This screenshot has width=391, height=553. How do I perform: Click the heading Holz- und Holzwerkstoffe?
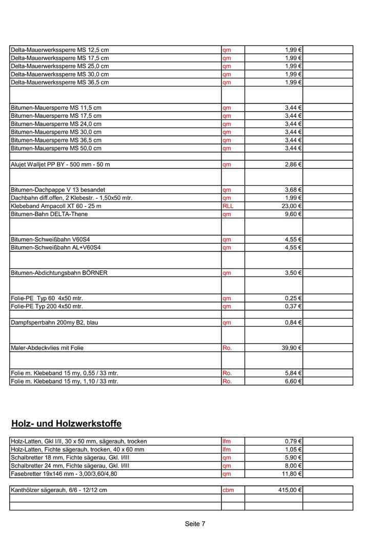pyautogui.click(x=66, y=424)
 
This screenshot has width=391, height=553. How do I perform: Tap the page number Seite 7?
pyautogui.click(x=195, y=524)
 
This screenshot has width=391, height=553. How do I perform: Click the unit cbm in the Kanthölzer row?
pyautogui.click(x=228, y=490)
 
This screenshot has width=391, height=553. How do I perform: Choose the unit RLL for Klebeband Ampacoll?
pyautogui.click(x=228, y=206)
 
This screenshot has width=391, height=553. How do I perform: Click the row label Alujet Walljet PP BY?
pyautogui.click(x=60, y=164)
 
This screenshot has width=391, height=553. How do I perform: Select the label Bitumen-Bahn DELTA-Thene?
pyautogui.click(x=49, y=214)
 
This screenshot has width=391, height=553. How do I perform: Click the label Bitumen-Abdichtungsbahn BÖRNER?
pyautogui.click(x=59, y=273)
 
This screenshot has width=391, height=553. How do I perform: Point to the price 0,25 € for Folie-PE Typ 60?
pyautogui.click(x=293, y=298)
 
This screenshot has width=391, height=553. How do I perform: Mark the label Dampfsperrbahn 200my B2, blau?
pyautogui.click(x=54, y=323)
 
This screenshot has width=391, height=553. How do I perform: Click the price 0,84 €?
pyautogui.click(x=293, y=323)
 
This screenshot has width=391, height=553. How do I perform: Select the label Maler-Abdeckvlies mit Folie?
pyautogui.click(x=47, y=348)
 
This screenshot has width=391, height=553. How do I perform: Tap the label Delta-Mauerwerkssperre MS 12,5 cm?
pyautogui.click(x=60, y=50)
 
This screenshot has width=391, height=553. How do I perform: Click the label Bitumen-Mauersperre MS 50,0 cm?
pyautogui.click(x=56, y=148)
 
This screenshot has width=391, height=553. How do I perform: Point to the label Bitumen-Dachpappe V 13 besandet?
pyautogui.click(x=58, y=189)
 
